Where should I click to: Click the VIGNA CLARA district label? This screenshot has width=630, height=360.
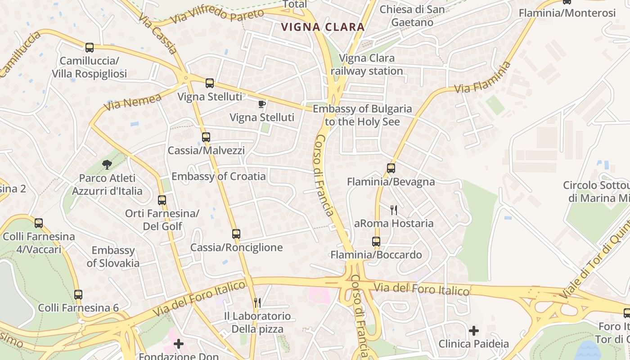pyautogui.click(x=323, y=27)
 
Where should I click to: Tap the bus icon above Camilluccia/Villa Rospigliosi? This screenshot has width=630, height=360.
pyautogui.click(x=90, y=47)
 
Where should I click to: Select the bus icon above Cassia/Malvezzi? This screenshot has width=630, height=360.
pyautogui.click(x=206, y=137)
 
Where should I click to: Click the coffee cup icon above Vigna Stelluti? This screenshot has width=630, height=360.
pyautogui.click(x=262, y=104)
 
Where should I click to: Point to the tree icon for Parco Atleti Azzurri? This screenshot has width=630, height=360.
pyautogui.click(x=107, y=165)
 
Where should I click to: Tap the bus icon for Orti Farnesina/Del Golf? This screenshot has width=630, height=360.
pyautogui.click(x=162, y=200)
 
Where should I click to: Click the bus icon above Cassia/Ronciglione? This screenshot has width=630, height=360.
pyautogui.click(x=236, y=234)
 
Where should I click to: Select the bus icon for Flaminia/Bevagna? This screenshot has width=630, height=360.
pyautogui.click(x=391, y=168)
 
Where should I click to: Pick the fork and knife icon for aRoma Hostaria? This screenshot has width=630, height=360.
pyautogui.click(x=394, y=210)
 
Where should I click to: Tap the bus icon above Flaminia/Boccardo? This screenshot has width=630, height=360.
pyautogui.click(x=376, y=242)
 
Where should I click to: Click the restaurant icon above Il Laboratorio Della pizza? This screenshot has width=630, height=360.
pyautogui.click(x=257, y=302)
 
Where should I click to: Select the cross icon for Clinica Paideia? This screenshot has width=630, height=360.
pyautogui.click(x=473, y=331)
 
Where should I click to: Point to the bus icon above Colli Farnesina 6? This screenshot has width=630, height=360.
pyautogui.click(x=78, y=295)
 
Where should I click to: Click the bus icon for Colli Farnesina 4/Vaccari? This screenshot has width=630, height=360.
pyautogui.click(x=39, y=223)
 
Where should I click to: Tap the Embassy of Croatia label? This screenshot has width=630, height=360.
pyautogui.click(x=219, y=176)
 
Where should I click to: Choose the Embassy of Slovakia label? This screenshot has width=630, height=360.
pyautogui.click(x=113, y=256)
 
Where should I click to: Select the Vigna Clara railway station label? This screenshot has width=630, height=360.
pyautogui.click(x=367, y=64)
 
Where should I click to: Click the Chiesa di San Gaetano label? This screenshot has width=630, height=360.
pyautogui.click(x=412, y=16)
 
